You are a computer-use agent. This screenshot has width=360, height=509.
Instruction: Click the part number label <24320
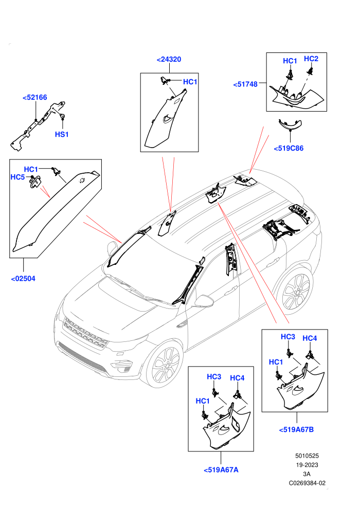pyautogui.click(x=169, y=60)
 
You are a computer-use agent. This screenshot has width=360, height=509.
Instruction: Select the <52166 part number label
pyautogui.click(x=35, y=97)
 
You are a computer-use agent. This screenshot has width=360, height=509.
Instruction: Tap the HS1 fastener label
pyautogui.click(x=62, y=134)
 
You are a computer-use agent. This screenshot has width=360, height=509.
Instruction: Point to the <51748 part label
pyautogui.click(x=245, y=84)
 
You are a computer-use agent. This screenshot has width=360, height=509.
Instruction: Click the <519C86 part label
pyautogui.click(x=289, y=149)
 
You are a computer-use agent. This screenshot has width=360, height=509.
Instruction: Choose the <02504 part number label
pyautogui.click(x=23, y=279)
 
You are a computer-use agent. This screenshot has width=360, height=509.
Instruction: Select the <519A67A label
pyautogui.click(x=221, y=470)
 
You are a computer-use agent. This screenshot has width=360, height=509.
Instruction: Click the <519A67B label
pyautogui.click(x=296, y=429)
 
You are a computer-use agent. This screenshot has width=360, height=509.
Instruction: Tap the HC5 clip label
pyautogui.click(x=17, y=177)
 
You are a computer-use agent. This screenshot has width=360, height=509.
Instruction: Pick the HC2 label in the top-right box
pyautogui.click(x=311, y=59)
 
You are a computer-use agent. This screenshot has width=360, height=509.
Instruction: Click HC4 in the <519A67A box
pyautogui.click(x=237, y=378)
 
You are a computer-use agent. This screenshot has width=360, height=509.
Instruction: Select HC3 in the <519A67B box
pyautogui.click(x=288, y=337)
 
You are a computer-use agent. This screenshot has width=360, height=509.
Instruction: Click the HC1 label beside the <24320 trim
pyautogui.click(x=190, y=82)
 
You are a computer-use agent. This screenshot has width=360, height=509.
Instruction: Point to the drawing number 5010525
pyautogui.click(x=307, y=456)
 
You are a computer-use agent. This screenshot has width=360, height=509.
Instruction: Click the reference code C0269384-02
pyautogui.click(x=307, y=483)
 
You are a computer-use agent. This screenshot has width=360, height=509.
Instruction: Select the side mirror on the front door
pyautogui.click(x=204, y=301)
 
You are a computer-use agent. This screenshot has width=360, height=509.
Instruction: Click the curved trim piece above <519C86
pyautogui.click(x=290, y=124)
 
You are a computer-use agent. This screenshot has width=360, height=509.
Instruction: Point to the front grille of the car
pyautogui.click(x=85, y=333)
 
